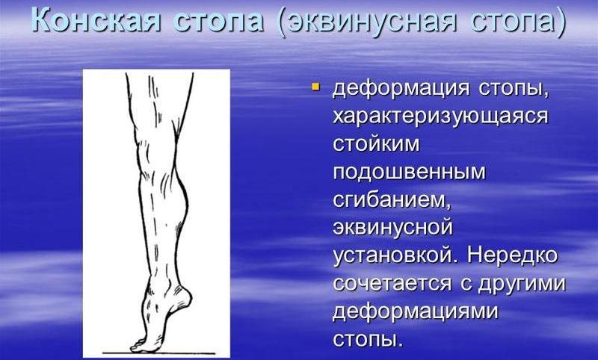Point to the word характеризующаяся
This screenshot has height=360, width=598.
tap(440, 118)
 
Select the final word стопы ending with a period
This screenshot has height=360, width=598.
tap(368, 338)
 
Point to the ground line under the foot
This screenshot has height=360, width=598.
tap(161, 352)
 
